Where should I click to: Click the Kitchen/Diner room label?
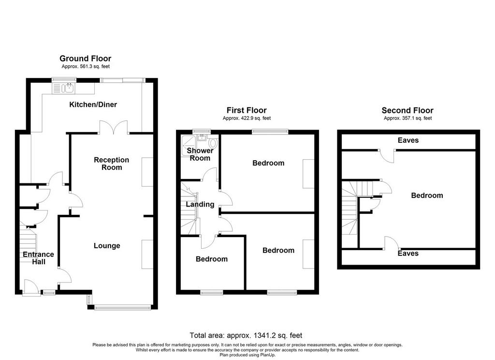[x=93, y=105]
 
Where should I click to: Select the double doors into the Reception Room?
[x=114, y=128]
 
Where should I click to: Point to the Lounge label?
[x=107, y=246]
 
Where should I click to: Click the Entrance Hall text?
[x=39, y=258]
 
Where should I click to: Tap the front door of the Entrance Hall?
[x=31, y=289]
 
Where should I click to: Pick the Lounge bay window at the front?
[x=122, y=307]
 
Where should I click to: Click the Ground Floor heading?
[x=86, y=59]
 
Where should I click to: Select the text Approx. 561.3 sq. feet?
[x=86, y=66]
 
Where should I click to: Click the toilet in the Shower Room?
[x=213, y=143]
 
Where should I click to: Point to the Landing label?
[x=200, y=205]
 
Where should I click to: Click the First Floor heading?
[x=247, y=110]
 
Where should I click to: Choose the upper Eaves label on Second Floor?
[x=408, y=140]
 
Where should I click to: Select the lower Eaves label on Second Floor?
[x=408, y=254]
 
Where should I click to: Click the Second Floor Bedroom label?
[x=427, y=195]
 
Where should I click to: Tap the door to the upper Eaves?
[x=387, y=155]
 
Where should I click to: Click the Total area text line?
[x=246, y=335]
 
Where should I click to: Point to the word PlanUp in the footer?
[x=268, y=355]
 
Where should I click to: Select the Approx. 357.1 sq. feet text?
[x=408, y=118]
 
